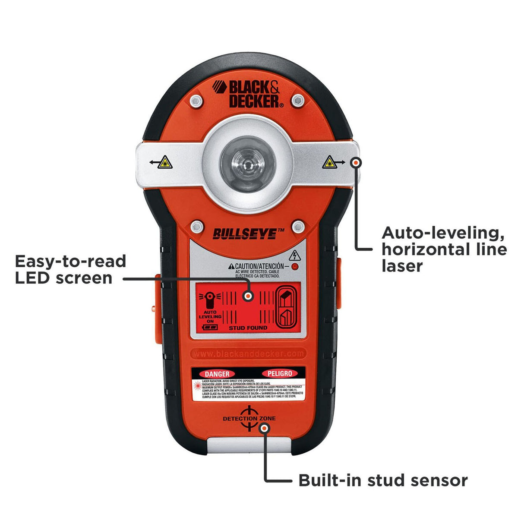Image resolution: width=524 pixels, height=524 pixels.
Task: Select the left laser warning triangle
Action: click(x=164, y=163)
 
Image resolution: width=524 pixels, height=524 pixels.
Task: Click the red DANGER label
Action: click(x=217, y=373)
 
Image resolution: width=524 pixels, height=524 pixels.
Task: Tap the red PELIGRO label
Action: click(x=279, y=373)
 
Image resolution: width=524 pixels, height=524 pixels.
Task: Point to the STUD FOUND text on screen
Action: click(x=248, y=328)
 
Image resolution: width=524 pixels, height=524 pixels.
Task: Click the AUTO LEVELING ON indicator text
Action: click(x=210, y=317)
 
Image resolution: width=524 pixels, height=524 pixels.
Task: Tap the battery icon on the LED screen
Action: click(x=210, y=328)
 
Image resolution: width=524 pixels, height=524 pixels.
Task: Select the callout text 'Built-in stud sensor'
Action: click(x=383, y=480)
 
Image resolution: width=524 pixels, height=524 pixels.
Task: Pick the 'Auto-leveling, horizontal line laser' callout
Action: click(x=444, y=249)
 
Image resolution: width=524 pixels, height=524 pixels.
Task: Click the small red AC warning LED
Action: click(x=295, y=266)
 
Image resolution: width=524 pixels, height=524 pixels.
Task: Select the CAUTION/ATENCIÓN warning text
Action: click(x=256, y=266)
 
